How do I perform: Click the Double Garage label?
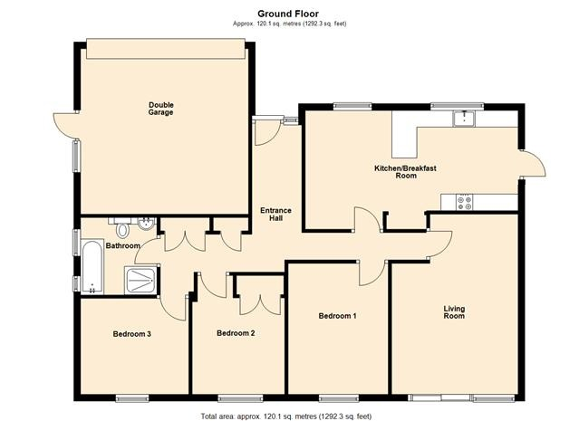[x=160, y=109]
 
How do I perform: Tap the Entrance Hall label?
[x=275, y=215]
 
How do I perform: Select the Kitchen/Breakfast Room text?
[x=405, y=172]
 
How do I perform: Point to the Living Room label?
[x=454, y=312]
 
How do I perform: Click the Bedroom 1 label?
[x=337, y=316]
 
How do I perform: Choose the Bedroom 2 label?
[x=236, y=333]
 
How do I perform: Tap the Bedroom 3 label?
[x=131, y=334]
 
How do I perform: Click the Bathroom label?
[x=123, y=245]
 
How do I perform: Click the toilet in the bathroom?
[x=122, y=227]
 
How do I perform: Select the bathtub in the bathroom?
[x=92, y=267]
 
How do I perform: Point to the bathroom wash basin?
[x=146, y=224]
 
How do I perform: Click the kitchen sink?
[x=464, y=118]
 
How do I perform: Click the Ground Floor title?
[x=288, y=14]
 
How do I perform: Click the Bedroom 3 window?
[x=132, y=398]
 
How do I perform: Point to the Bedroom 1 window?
[x=339, y=398]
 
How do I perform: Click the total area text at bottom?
[x=286, y=416]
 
